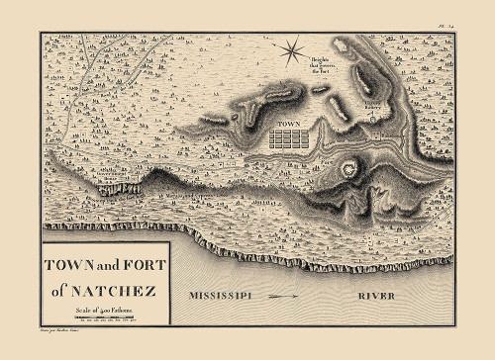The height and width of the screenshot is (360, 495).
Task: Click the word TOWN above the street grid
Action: [x=287, y=124]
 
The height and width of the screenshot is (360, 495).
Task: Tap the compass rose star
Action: [x=290, y=51]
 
